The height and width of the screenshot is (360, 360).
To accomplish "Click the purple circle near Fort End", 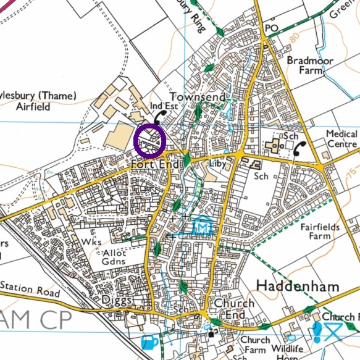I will coord(149,140).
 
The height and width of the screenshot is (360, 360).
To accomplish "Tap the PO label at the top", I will coord(271,29).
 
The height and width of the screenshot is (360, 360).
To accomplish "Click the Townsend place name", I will coord(195,98).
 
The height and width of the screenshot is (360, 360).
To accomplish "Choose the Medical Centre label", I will coord(341,140).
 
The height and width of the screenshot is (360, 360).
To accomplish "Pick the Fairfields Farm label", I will coord(320,232).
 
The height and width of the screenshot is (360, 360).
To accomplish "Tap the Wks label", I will coord(91,242).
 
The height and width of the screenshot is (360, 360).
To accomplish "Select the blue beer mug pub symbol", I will coord(149,341).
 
